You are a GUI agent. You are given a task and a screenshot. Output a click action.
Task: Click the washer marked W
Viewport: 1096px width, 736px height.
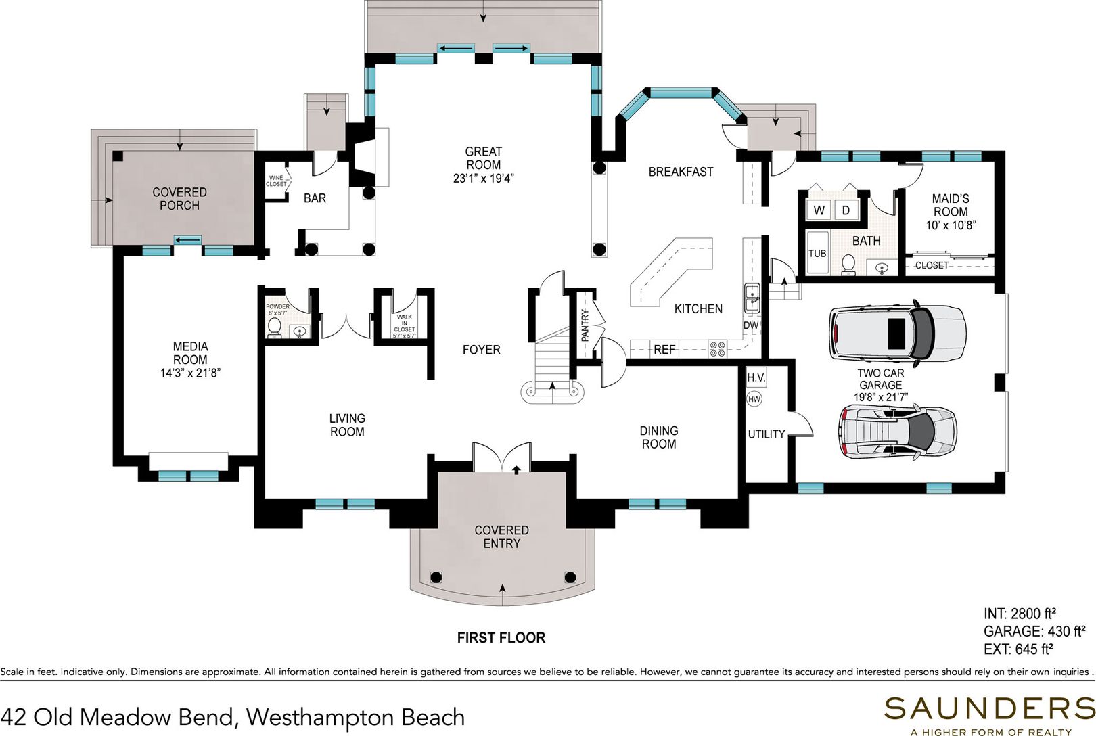pyautogui.click(x=819, y=210)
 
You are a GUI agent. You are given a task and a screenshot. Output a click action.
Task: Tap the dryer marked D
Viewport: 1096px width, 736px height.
pyautogui.click(x=846, y=210)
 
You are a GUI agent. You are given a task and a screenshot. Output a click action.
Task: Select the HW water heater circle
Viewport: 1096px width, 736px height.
pyautogui.click(x=754, y=399)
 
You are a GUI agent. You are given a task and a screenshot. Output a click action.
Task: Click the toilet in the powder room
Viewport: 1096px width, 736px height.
pyautogui.click(x=275, y=327)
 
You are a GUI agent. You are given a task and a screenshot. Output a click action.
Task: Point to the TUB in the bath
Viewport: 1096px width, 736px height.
pyautogui.click(x=817, y=253)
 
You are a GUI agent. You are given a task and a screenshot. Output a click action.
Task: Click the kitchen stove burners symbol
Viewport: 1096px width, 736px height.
pyautogui.click(x=717, y=349)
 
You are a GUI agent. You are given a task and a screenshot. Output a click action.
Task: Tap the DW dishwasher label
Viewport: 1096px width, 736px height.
pyautogui.click(x=750, y=325)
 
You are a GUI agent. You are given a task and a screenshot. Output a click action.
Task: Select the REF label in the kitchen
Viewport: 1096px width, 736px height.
pyautogui.click(x=664, y=350)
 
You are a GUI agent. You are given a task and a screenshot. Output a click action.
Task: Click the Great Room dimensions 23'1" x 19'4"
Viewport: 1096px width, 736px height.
pyautogui.click(x=483, y=178)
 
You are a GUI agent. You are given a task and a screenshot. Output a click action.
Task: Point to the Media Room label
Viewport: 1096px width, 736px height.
pyautogui.click(x=190, y=353)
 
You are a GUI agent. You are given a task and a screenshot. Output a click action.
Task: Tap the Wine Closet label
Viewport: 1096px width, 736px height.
pyautogui.click(x=276, y=181)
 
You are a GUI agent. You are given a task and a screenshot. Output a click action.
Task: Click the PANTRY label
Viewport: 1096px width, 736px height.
pyautogui.click(x=585, y=325)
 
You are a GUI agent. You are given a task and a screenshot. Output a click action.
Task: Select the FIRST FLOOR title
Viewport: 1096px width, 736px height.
pyautogui.click(x=501, y=638)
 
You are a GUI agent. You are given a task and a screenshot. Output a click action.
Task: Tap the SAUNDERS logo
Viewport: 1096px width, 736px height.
pyautogui.click(x=989, y=708)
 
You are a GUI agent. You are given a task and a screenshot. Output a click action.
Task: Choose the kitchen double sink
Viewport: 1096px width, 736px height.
pyautogui.click(x=752, y=298)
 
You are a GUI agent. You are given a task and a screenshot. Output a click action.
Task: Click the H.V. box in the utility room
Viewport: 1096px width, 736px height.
pyautogui.click(x=756, y=377)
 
